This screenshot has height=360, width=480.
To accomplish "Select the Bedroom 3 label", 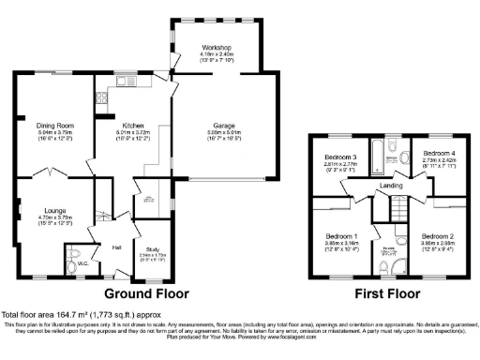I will [x=341, y=157].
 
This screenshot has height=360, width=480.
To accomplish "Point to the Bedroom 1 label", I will [x=341, y=235].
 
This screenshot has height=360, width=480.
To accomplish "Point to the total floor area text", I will [x=73, y=314].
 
